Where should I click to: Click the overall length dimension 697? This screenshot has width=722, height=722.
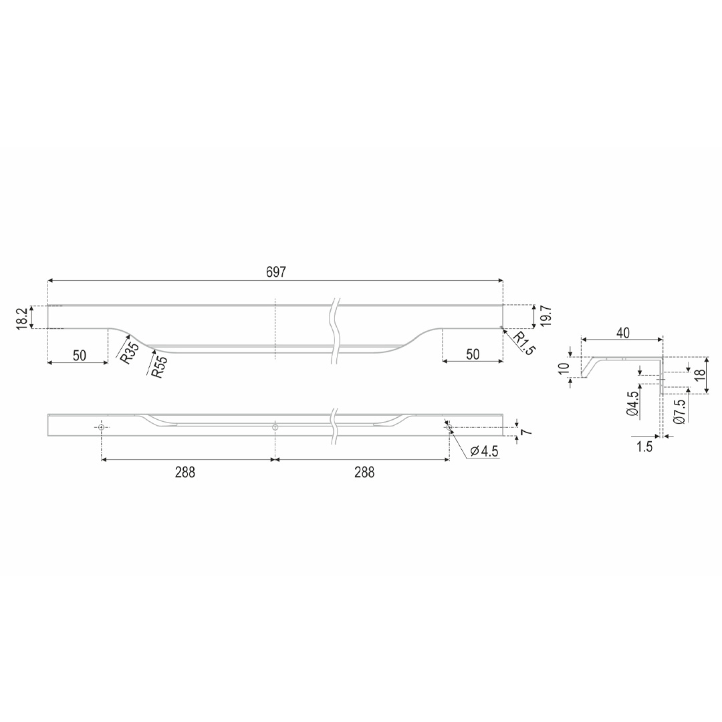(276, 272)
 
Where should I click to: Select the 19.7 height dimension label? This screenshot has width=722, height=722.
(546, 316)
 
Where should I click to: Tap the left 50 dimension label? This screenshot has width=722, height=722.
(80, 356)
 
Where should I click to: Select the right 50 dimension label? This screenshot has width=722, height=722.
(473, 354)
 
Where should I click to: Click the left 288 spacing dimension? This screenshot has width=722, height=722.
(185, 473)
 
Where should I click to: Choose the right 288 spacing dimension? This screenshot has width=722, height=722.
(364, 473)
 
